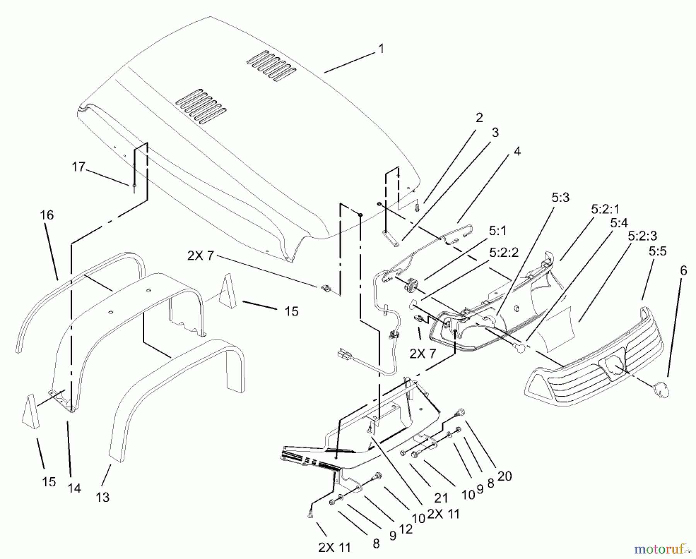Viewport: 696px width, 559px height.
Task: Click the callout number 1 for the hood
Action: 381,49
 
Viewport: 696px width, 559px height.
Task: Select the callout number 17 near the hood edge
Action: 78,167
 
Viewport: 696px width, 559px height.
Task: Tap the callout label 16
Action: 47,215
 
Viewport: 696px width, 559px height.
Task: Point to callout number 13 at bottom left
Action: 102,497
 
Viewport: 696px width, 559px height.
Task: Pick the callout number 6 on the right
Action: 683,271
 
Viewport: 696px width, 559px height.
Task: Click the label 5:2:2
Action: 503,253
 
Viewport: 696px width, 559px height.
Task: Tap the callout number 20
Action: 504,476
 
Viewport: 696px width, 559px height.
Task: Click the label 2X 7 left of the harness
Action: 200,255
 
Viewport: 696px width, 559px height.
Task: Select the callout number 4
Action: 517,151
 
